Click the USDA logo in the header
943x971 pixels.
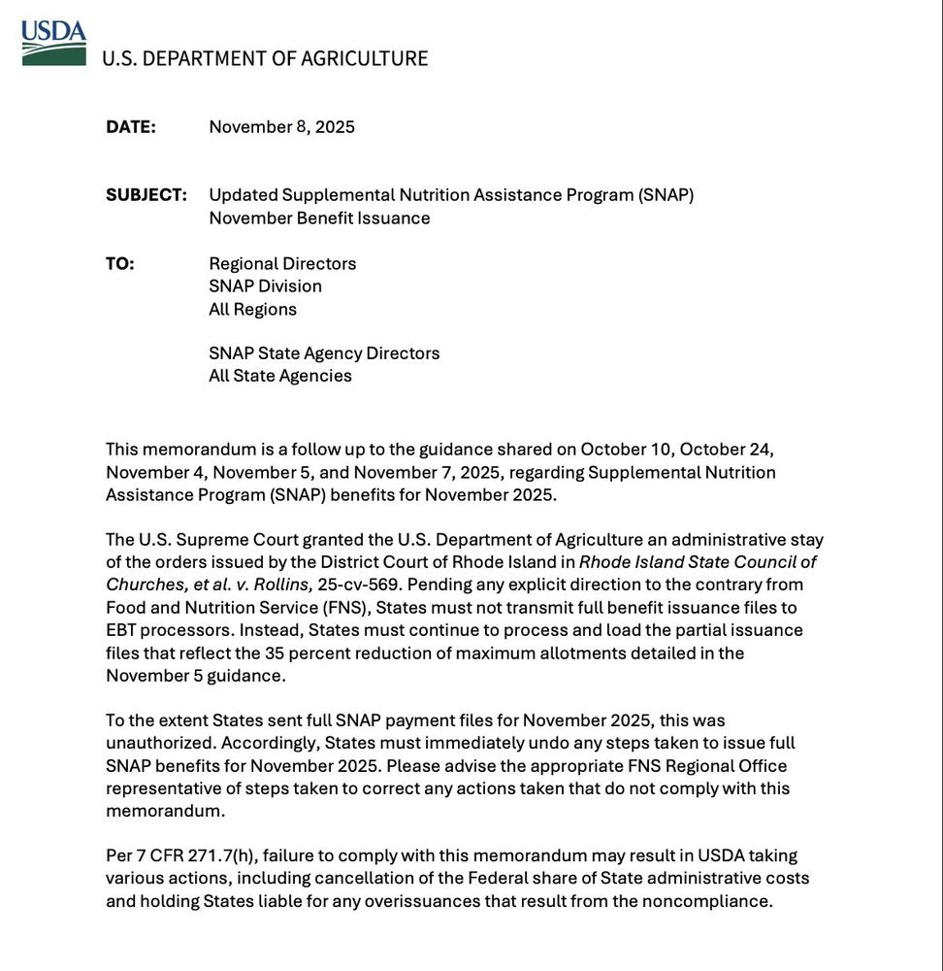point(53,42)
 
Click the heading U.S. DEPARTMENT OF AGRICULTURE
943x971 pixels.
point(265,58)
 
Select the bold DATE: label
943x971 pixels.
point(131,127)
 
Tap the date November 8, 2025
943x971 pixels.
point(281,127)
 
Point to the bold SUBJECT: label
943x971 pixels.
point(146,195)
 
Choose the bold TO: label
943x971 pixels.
point(120,264)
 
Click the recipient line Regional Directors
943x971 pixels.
point(282,264)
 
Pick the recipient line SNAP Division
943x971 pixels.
point(265,286)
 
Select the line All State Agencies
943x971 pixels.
point(280,376)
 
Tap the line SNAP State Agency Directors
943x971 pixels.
point(324,353)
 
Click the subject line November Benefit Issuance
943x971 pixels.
point(319,218)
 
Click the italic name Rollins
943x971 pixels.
point(282,585)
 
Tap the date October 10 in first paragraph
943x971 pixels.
point(625,450)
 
